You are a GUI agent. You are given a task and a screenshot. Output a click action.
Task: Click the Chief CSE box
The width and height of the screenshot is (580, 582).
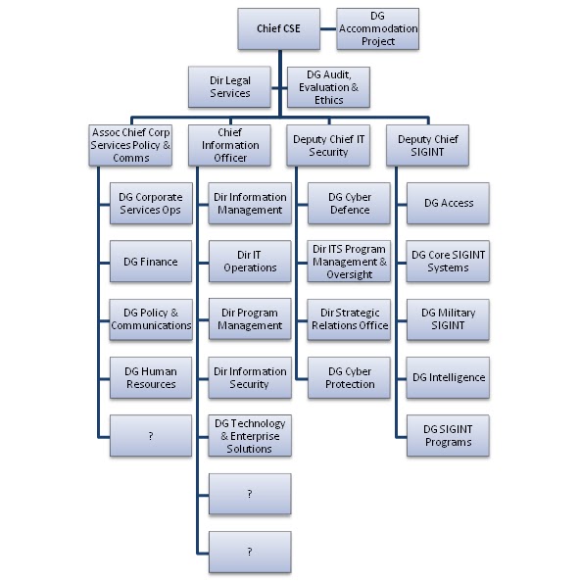(x=278, y=28)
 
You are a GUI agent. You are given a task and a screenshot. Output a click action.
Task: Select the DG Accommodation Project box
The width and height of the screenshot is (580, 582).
(x=377, y=28)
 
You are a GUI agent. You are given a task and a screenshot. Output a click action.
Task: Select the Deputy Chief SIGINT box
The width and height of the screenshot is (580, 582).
(x=427, y=145)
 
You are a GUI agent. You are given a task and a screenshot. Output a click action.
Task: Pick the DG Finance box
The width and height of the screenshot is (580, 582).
(x=151, y=262)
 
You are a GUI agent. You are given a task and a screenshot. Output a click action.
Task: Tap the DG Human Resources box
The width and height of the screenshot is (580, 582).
(x=151, y=377)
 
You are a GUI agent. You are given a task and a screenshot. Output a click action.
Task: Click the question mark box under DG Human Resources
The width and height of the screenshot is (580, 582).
(x=151, y=435)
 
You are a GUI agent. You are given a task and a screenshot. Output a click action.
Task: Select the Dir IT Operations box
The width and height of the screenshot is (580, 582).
(x=250, y=262)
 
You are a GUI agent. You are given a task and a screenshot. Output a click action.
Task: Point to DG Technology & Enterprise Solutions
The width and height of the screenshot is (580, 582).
(x=250, y=435)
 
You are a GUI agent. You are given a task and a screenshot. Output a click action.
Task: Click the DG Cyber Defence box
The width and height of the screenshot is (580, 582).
(x=350, y=203)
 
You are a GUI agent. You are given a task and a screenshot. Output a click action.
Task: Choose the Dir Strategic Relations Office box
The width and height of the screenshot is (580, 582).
(x=350, y=319)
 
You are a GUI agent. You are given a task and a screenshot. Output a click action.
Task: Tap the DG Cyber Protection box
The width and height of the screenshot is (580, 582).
(x=350, y=377)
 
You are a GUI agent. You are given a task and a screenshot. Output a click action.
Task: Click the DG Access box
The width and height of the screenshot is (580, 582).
(x=448, y=203)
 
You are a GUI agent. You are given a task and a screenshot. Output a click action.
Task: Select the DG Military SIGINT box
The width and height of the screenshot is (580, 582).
(x=448, y=319)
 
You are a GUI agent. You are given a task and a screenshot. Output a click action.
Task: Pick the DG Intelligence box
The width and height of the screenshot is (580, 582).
(x=448, y=377)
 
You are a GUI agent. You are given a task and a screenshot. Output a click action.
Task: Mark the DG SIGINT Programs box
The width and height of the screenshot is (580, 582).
(x=448, y=435)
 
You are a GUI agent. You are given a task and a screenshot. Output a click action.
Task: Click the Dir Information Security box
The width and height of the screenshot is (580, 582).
(x=250, y=377)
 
